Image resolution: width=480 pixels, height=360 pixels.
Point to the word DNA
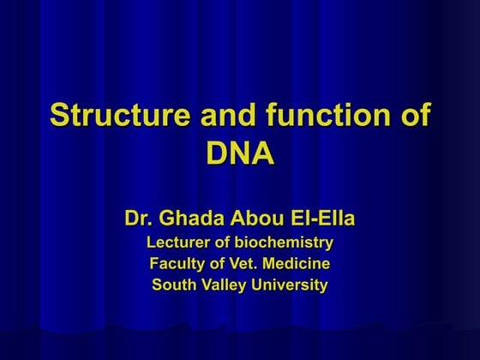click(240, 153)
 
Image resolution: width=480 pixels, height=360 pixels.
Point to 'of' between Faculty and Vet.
click(218, 263)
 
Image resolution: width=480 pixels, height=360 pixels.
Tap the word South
click(174, 285)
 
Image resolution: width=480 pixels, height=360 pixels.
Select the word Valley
click(226, 285)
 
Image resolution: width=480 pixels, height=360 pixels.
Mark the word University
click(292, 285)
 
